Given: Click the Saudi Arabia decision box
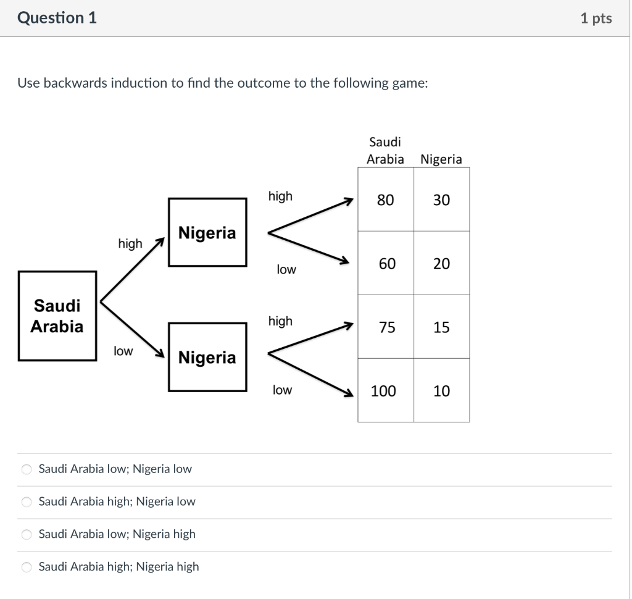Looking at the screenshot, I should point(57,316).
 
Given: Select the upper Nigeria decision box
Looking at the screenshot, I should point(207,232).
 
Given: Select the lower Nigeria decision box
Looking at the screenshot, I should point(207,357).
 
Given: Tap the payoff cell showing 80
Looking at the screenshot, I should point(386,199).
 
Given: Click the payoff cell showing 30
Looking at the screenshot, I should point(441,199).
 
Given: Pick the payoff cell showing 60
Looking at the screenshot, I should point(386,264).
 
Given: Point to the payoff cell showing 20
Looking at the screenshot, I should point(441,264).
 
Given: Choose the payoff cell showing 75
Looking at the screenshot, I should point(386,327).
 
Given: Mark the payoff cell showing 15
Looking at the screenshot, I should point(441,327).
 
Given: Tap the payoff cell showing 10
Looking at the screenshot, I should point(441,391).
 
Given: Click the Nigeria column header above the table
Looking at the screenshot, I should point(441,159).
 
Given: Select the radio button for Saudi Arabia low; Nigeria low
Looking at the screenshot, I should point(27,469).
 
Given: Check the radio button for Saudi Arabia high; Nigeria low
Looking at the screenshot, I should point(27,502).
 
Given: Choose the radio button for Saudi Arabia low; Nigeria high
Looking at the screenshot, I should point(27,535).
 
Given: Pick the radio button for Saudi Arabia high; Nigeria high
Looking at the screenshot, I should point(27,567).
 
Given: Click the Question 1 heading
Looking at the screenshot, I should point(57,18).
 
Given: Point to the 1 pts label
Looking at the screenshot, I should point(596,19).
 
